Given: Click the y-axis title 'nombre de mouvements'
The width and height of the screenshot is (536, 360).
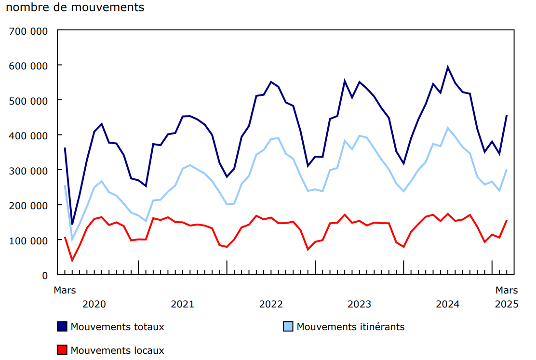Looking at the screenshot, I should (x=75, y=8).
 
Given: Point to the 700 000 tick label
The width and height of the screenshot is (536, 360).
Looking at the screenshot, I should (x=28, y=32).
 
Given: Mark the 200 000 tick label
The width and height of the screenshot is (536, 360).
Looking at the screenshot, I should (x=28, y=206).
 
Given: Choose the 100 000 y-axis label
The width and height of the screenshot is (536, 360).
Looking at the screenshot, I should (x=28, y=240).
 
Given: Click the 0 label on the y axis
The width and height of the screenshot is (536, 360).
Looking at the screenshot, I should (x=45, y=276).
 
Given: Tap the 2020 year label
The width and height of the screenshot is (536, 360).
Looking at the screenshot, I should (x=94, y=304).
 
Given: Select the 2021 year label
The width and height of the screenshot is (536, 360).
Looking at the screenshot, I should (x=182, y=304).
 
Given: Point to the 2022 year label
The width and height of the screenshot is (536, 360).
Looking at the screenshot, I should (x=271, y=304).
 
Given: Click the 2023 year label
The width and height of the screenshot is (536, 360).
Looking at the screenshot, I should (x=359, y=304).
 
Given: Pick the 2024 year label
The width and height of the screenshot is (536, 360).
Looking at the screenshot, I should (x=447, y=304).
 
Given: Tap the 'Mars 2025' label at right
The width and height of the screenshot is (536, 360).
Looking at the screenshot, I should (x=507, y=297).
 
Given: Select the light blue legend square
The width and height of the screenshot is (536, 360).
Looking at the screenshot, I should (x=288, y=327).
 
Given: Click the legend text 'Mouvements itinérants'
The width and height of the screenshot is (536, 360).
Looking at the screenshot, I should (x=350, y=327).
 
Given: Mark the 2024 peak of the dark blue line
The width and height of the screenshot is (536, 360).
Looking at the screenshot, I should (x=448, y=67).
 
